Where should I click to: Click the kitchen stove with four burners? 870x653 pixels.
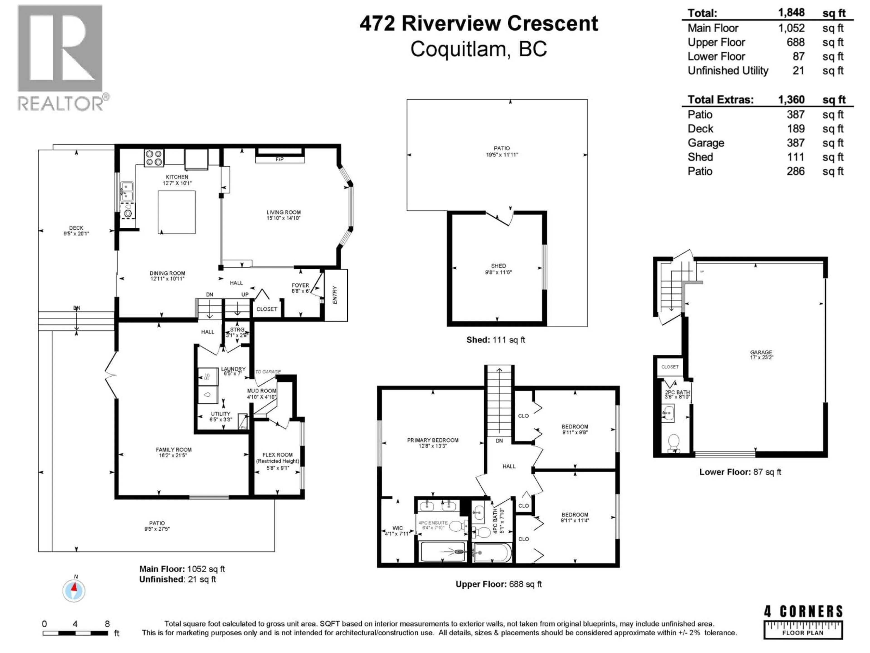tap(154, 158)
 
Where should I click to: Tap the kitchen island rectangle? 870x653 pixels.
tap(176, 212)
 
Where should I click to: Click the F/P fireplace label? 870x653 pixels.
tap(280, 159)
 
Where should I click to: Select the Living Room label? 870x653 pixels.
tap(284, 212)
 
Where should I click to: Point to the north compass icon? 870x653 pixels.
tap(74, 590)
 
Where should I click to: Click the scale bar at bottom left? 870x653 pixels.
tap(75, 633)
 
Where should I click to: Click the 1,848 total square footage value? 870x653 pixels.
tap(791, 13)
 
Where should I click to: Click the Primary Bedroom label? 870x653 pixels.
tap(433, 440)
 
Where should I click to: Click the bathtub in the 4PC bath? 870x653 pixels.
tap(492, 553)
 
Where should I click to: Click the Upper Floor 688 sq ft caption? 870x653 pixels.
tap(498, 584)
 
